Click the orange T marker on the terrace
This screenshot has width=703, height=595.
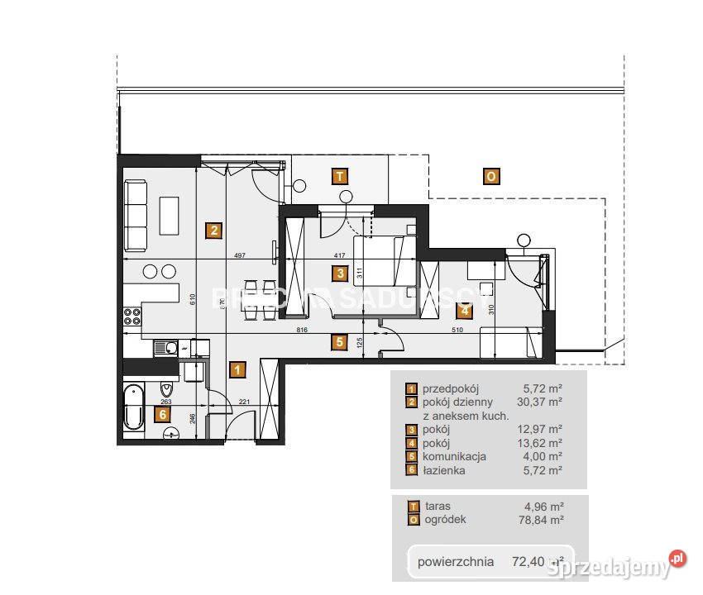click(x=338, y=175)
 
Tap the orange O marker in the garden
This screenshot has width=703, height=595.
click(x=490, y=175)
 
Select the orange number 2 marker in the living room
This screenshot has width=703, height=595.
click(x=213, y=231)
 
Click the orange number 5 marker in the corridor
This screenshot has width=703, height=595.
click(x=337, y=341)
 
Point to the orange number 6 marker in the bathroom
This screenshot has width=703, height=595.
click(x=164, y=414)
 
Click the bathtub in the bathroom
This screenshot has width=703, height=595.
click(x=132, y=407)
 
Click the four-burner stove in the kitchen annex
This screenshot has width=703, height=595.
click(x=132, y=317)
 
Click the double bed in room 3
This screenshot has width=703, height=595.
click(x=384, y=259)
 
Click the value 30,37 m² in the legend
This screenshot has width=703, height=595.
click(x=543, y=402)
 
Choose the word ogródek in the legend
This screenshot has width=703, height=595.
click(x=446, y=520)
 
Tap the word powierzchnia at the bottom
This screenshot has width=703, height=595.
click(x=456, y=562)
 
